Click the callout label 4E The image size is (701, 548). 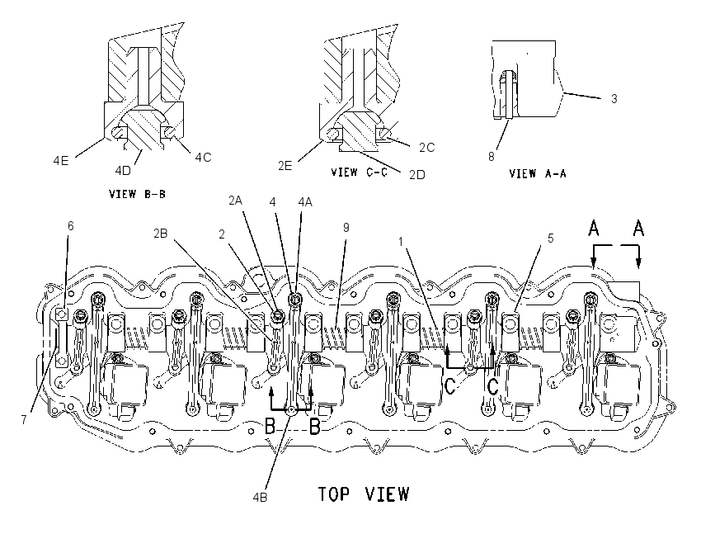[61, 161]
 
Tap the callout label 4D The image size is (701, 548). [123, 171]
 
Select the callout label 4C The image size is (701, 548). [203, 158]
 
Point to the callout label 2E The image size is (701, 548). [285, 166]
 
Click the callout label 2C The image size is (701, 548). [427, 148]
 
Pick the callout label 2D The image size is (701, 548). [417, 175]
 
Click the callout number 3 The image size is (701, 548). [614, 99]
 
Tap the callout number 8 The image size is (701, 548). [492, 157]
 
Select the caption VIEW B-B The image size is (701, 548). [137, 194]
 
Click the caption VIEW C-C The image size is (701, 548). [359, 172]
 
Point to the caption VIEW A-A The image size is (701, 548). [538, 173]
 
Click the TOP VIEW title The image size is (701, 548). [364, 494]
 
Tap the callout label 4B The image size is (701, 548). [260, 497]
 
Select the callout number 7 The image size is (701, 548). [24, 419]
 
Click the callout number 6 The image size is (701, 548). [71, 226]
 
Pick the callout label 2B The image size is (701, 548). [161, 234]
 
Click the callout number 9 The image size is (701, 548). [346, 228]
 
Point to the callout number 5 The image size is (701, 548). [551, 239]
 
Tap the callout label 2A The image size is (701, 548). [235, 201]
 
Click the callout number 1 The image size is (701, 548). [401, 242]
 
